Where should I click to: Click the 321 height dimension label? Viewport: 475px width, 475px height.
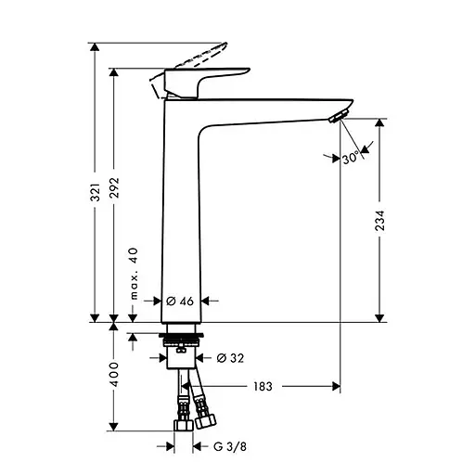96,192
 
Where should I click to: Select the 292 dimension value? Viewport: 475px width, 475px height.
115,187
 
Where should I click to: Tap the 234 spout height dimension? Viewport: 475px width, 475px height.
380,220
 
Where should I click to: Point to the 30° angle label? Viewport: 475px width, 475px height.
351,159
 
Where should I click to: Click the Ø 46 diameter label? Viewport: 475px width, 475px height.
180,301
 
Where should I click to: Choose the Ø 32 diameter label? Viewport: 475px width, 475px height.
230,358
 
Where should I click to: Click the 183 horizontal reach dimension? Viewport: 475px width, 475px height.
263,386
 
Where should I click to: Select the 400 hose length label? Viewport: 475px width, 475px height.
114,374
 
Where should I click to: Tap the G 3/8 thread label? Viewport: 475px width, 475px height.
230,446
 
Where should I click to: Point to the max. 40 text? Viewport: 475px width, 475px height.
134,274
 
